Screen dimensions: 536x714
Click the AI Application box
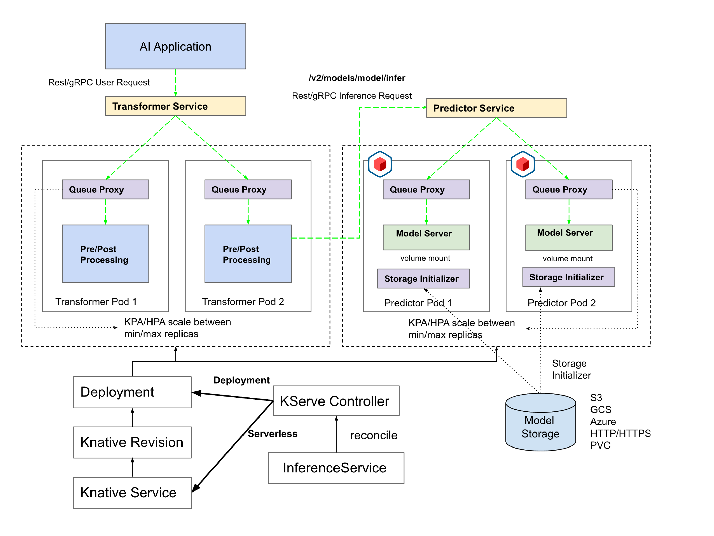tap(175, 46)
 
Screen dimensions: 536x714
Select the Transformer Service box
tap(175, 106)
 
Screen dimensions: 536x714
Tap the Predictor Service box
tap(496, 108)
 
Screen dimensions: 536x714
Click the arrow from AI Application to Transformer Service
tap(175, 83)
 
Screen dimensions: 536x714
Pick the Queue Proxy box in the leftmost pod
tap(105, 189)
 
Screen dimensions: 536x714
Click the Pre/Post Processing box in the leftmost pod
tap(105, 254)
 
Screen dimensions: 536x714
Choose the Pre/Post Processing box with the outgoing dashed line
tap(248, 254)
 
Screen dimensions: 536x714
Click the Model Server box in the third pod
tap(426, 237)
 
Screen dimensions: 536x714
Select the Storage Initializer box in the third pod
tap(423, 278)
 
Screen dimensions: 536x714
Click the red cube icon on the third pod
tap(380, 164)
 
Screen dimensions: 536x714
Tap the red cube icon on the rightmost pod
tap(523, 164)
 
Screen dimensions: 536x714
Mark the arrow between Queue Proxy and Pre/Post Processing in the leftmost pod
tap(105, 212)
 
